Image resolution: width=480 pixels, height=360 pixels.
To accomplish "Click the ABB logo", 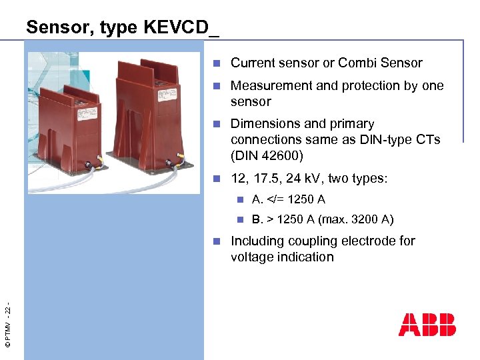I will pyautogui.click(x=427, y=324).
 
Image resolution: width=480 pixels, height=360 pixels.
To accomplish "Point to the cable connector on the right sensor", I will pyautogui.click(x=180, y=159).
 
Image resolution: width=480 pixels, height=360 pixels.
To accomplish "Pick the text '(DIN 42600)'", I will pyautogui.click(x=267, y=156).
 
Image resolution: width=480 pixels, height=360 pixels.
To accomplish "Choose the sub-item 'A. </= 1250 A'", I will pyautogui.click(x=289, y=199).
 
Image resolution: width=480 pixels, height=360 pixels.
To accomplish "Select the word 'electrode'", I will pyautogui.click(x=387, y=241).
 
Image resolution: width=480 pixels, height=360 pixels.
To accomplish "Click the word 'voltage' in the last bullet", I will pyautogui.click(x=252, y=257).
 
